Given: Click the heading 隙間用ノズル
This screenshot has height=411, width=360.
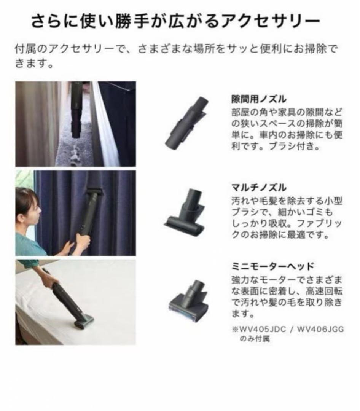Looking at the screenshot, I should click(259, 99).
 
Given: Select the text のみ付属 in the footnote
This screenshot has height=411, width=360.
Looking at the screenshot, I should click(255, 339).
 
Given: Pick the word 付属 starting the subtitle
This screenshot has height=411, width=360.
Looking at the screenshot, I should click(24, 50).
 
